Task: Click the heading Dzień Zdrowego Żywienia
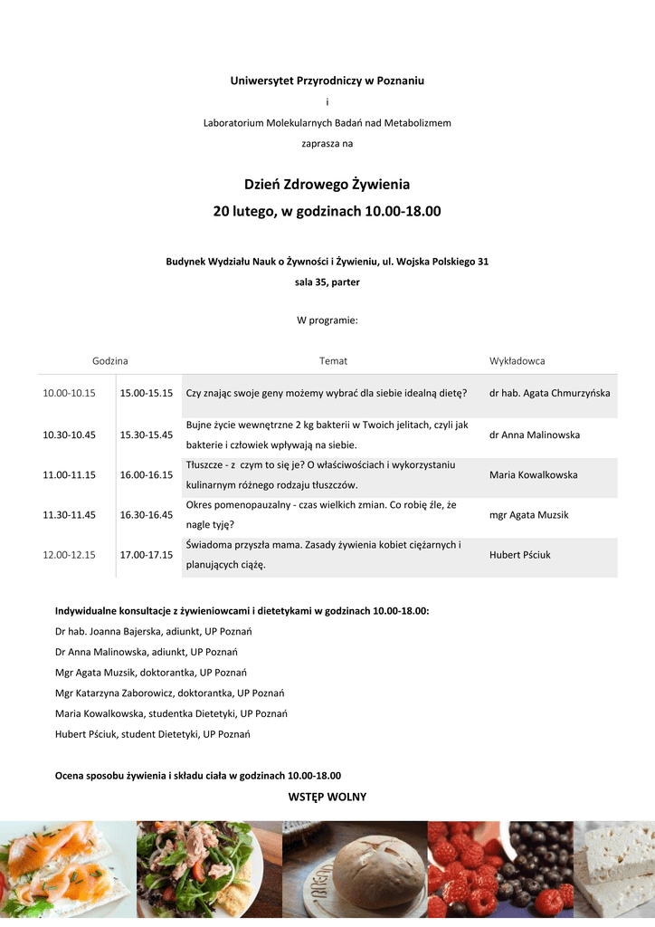click(327, 185)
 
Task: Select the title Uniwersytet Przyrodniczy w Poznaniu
click(327, 81)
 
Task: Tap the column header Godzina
click(109, 360)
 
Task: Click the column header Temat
click(333, 360)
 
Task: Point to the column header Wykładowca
click(517, 360)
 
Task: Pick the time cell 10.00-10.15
click(70, 394)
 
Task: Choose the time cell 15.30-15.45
click(147, 435)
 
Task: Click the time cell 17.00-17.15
click(147, 555)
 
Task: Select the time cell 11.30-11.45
click(70, 514)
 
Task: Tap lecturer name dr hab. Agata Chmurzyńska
click(549, 394)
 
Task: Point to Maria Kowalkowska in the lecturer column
click(533, 474)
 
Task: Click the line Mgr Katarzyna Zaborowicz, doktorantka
click(170, 693)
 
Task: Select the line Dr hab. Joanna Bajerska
click(154, 631)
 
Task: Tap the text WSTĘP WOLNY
click(327, 797)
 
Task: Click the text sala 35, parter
click(327, 282)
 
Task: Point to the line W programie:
click(327, 320)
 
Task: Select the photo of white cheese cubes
click(615, 871)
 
